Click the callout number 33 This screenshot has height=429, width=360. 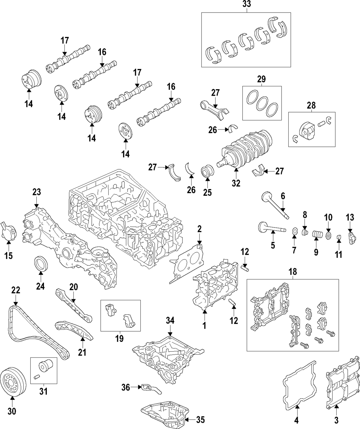pyautogui.click(x=247, y=4)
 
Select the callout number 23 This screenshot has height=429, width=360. pyautogui.click(x=36, y=192)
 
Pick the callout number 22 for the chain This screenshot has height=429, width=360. pyautogui.click(x=15, y=290)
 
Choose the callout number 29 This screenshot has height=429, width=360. pyautogui.click(x=261, y=79)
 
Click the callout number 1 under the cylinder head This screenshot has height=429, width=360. pyautogui.click(x=204, y=325)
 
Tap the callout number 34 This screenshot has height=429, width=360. pyautogui.click(x=170, y=320)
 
